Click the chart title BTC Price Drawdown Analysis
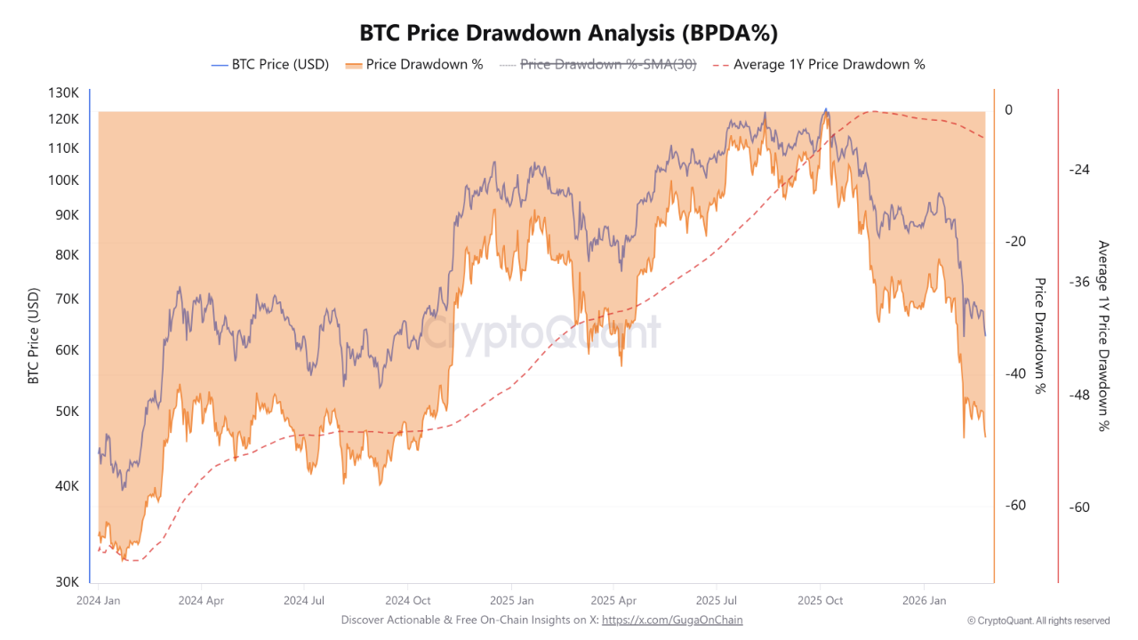568,33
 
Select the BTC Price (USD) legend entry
270,64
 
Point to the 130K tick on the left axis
65,92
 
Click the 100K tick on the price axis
65,180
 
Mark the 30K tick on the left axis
68,582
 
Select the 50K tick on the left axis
68,412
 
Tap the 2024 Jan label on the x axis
98,600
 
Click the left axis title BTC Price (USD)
34,336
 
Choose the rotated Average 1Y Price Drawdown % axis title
1103,336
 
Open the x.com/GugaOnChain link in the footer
672,620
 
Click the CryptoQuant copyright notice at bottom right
1038,620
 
